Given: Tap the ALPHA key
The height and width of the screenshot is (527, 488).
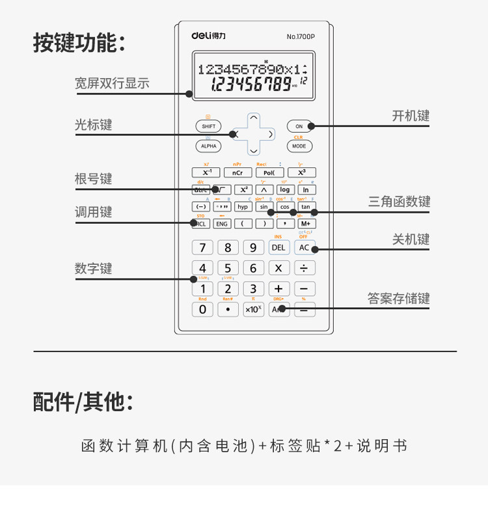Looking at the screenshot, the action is pos(208,146).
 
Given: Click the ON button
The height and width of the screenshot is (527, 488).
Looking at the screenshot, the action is pos(299,126).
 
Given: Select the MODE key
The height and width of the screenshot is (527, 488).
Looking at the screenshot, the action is pos(299,146).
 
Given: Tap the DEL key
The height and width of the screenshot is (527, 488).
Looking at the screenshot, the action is pos(278,247).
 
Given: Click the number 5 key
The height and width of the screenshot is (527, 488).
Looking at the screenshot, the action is pos(228,268).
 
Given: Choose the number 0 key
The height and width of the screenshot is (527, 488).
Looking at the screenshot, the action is pos(202,309).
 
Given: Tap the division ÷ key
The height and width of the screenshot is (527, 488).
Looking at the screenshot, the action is pos(304,268).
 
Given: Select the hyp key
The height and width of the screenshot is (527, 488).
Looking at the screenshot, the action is pos(243,207).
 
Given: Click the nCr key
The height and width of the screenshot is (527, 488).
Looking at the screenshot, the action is pos(237,172).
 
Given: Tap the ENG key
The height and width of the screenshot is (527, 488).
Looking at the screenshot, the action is pos(222,223).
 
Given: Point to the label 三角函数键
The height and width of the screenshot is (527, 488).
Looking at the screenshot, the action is pos(399,202).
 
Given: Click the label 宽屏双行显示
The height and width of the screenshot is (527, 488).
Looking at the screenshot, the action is pos(112,83).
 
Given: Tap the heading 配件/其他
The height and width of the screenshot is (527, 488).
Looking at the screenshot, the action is pos(83,402).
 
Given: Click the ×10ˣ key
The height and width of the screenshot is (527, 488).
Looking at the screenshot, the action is pos(253,309).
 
